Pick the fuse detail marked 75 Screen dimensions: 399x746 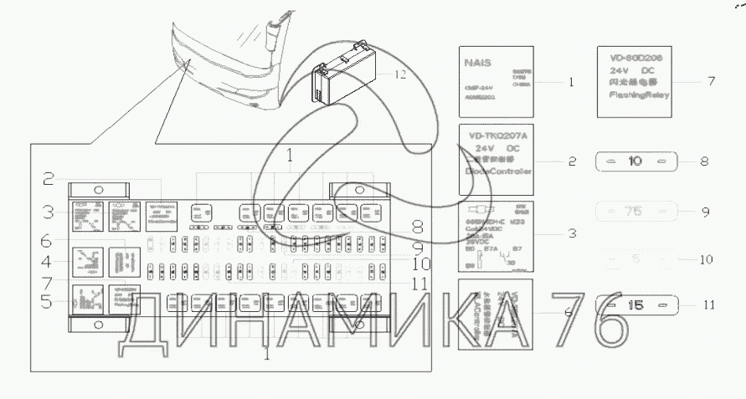pyautogui.click(x=635, y=212)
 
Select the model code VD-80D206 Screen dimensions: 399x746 pyautogui.click(x=635, y=58)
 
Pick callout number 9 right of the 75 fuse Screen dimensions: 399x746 pyautogui.click(x=705, y=212)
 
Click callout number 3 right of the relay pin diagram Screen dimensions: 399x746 pyautogui.click(x=571, y=233)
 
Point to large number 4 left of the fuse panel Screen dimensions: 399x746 pyautogui.click(x=52, y=260)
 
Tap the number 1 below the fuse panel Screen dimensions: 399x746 pyautogui.click(x=267, y=355)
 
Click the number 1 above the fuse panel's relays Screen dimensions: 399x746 pyautogui.click(x=289, y=155)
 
